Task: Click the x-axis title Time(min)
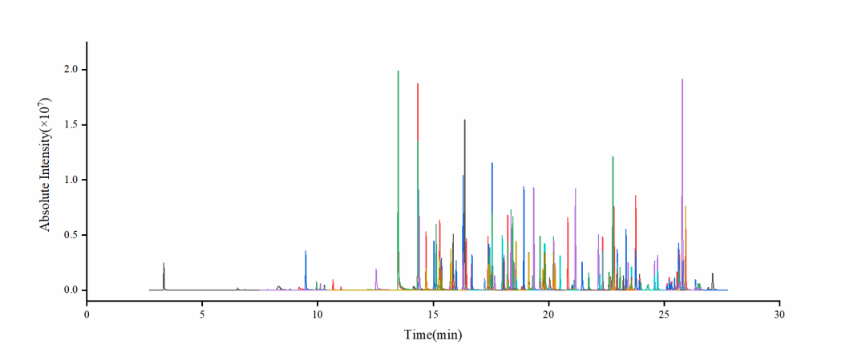(433, 335)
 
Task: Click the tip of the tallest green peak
(398, 71)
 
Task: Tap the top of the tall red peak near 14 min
(418, 84)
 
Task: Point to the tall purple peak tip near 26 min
(682, 80)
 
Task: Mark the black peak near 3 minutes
(164, 264)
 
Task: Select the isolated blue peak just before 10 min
(306, 252)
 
